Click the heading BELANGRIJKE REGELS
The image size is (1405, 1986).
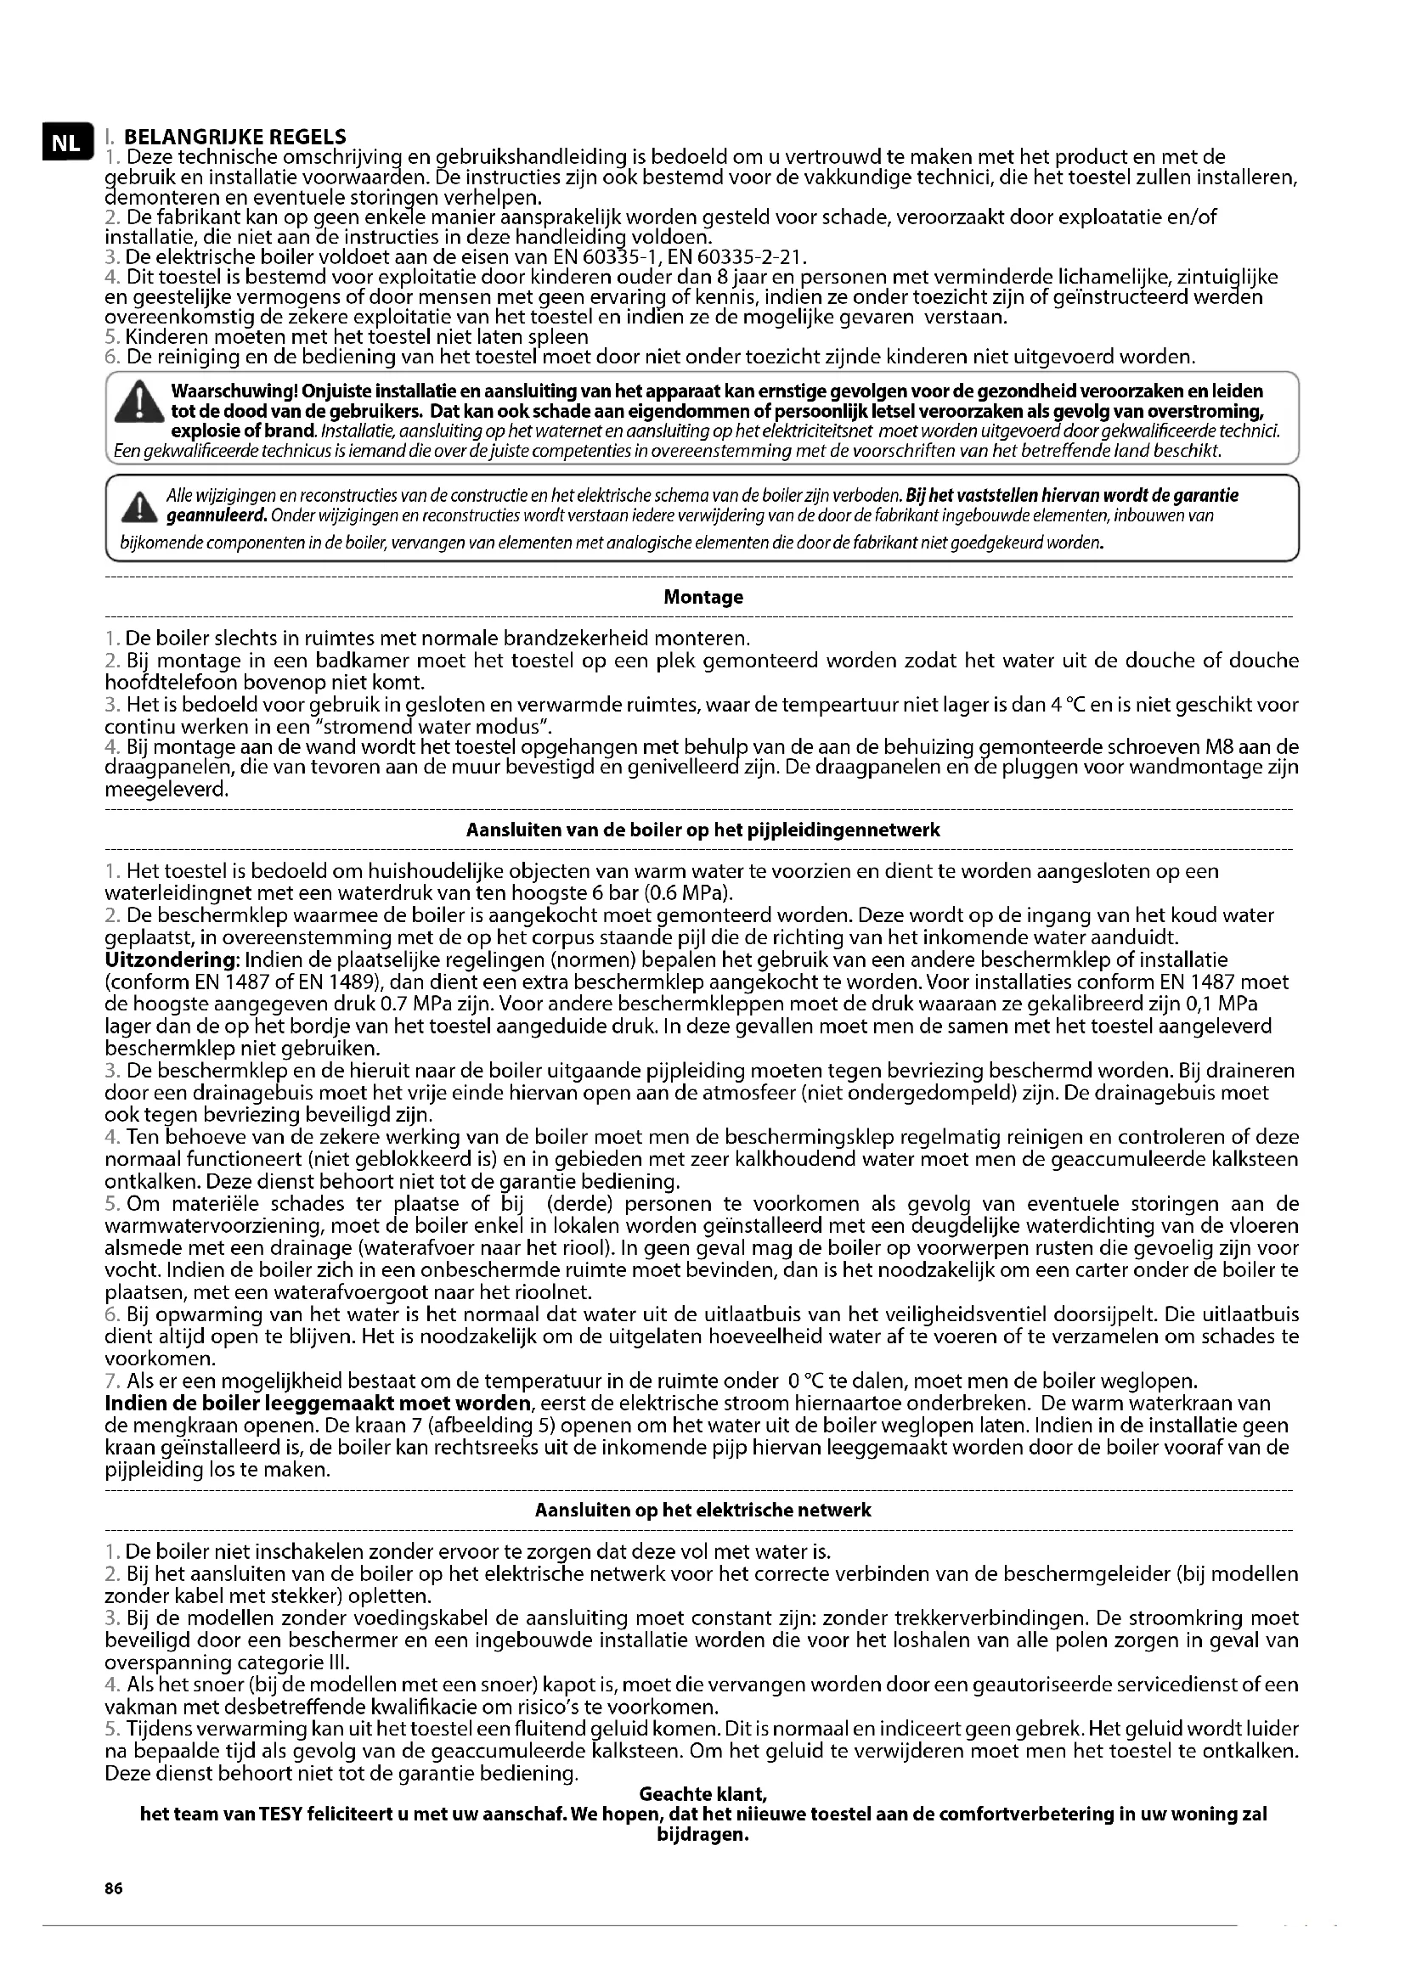coord(234,137)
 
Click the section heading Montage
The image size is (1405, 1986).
coord(702,598)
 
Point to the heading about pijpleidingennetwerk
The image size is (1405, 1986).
coord(702,830)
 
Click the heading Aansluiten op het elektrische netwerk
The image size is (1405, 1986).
coord(702,1511)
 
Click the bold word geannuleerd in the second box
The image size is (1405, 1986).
coord(216,516)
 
